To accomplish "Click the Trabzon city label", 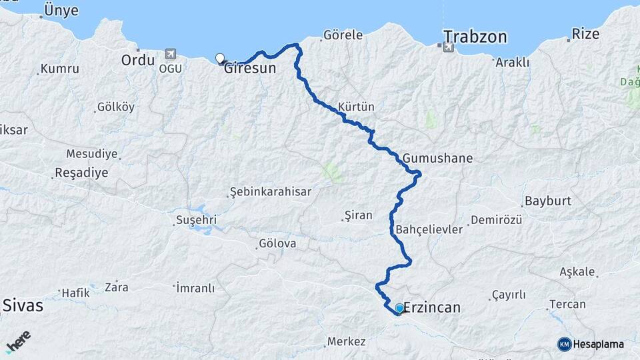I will (475, 36).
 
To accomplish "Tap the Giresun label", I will (250, 68).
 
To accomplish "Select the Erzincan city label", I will (433, 309).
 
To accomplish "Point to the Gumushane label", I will (437, 159).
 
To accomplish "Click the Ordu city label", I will (138, 60).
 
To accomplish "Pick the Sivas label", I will (23, 306).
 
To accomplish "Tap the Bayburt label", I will (549, 201).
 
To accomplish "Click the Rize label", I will (587, 33).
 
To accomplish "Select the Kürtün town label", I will (357, 107).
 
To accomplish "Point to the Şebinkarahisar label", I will (270, 191).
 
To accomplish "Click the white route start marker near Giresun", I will (220, 58).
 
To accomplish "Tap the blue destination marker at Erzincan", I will (399, 308).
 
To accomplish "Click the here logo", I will (18, 341).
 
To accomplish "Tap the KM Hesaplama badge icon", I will (565, 344).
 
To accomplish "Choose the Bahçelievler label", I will (429, 229).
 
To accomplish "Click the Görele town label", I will (343, 35).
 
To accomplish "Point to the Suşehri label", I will (196, 220).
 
